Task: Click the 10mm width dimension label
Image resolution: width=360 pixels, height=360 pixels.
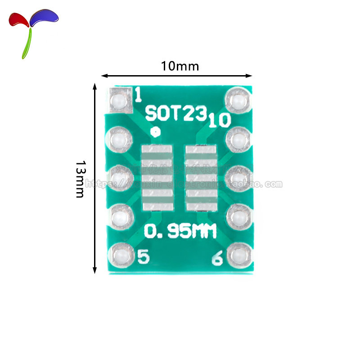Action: (x=180, y=66)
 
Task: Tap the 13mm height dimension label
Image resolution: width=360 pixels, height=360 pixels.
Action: (x=80, y=179)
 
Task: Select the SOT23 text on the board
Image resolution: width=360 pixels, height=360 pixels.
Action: (x=176, y=113)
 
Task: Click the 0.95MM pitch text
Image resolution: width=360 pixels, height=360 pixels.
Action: (x=180, y=232)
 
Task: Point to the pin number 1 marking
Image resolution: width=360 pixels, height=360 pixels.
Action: (x=138, y=94)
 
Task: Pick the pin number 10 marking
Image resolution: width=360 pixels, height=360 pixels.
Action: (x=219, y=120)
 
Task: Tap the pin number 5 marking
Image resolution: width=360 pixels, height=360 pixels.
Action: (x=143, y=257)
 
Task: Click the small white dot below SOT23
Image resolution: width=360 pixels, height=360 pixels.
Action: (x=155, y=132)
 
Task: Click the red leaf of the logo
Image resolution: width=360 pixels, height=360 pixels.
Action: (x=19, y=19)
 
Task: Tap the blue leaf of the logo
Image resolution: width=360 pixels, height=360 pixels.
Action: (x=44, y=17)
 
